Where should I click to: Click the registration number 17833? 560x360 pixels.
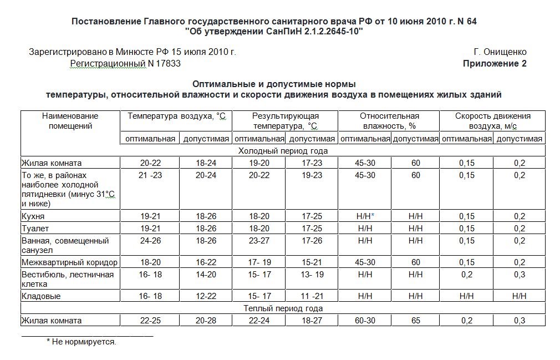[x=164, y=64]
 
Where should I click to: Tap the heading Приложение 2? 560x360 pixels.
[x=495, y=64]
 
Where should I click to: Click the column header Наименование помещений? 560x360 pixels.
[x=70, y=121]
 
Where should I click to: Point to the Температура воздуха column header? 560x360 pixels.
[x=176, y=116]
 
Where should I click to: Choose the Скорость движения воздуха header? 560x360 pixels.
[x=492, y=121]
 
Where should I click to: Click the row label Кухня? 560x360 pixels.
[x=33, y=216]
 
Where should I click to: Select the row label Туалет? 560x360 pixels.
[x=35, y=229]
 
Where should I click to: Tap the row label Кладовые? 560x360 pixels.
[x=41, y=296]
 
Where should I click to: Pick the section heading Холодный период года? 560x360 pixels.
[x=283, y=151]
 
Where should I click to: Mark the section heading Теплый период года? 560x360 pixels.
[x=283, y=308]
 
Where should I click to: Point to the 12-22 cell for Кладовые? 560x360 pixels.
[x=206, y=296]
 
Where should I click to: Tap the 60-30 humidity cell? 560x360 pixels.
[x=365, y=321]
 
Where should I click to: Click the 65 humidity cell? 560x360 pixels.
[x=415, y=321]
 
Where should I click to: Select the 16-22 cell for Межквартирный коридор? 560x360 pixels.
[x=206, y=262]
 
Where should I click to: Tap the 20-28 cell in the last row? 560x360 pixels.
[x=206, y=321]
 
